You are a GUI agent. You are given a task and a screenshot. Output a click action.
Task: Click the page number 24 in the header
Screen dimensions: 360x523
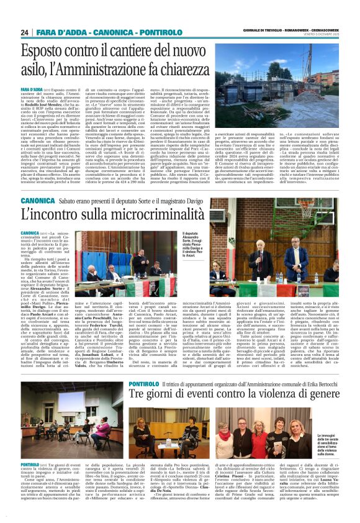[25, 32]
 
